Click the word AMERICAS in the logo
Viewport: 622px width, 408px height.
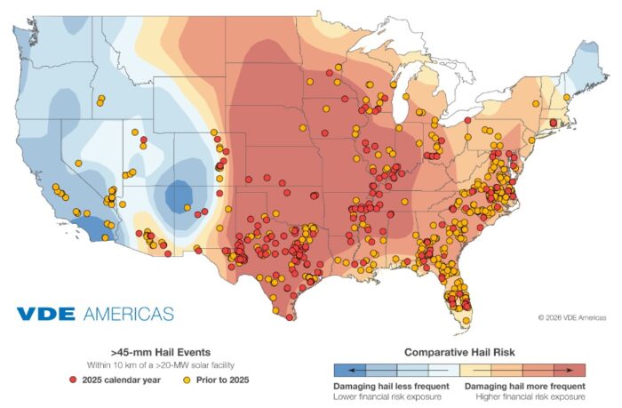(129, 314)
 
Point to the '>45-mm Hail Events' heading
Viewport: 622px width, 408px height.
(160, 351)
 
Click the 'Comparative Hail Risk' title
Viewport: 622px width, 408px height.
(459, 351)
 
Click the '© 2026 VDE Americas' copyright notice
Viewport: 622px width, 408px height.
(572, 316)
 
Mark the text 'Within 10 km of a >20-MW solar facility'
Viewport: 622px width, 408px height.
(160, 365)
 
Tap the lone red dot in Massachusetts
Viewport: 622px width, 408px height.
(554, 122)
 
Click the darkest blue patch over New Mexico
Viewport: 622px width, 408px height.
(180, 193)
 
